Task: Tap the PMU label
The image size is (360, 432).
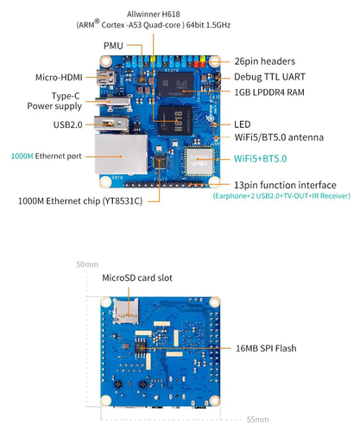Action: pyautogui.click(x=113, y=45)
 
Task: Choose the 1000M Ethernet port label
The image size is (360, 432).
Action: pyautogui.click(x=46, y=156)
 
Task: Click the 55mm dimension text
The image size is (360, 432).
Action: pyautogui.click(x=257, y=419)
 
